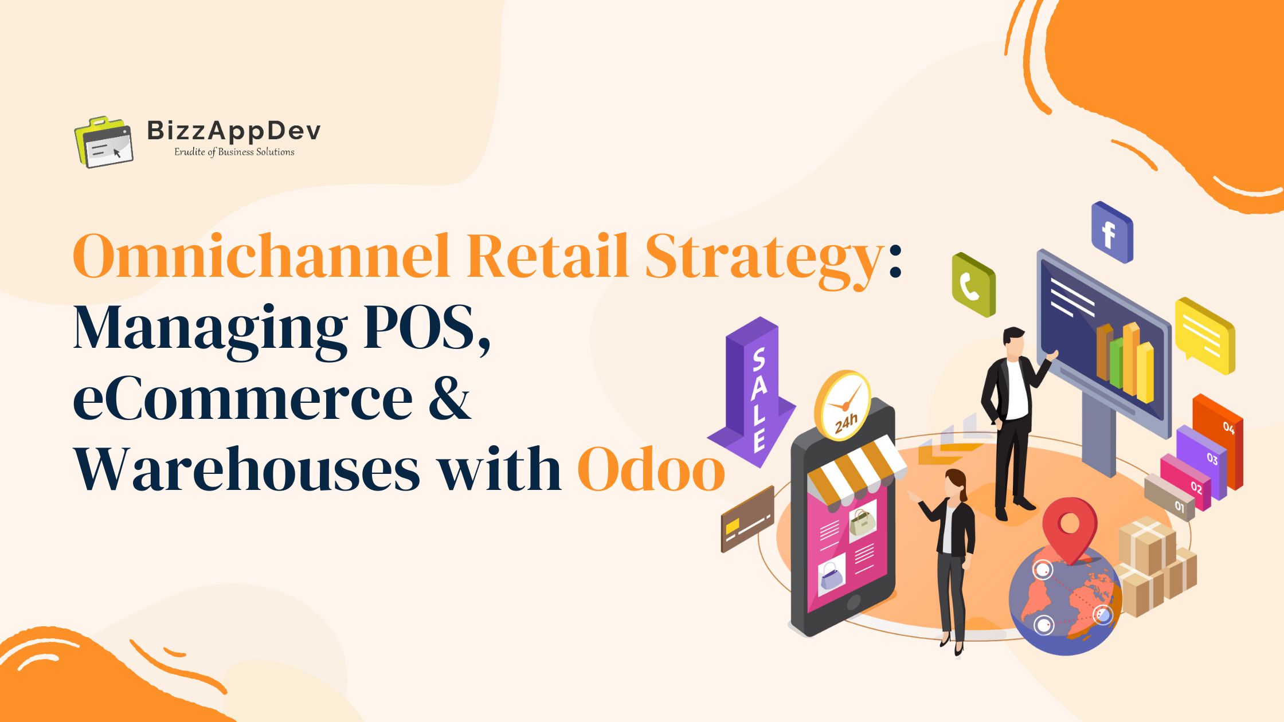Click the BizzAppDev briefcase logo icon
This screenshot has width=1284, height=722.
click(x=104, y=142)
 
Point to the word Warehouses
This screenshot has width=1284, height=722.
click(x=246, y=469)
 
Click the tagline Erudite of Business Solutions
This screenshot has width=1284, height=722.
click(x=234, y=152)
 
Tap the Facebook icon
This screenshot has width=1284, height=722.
click(x=1111, y=232)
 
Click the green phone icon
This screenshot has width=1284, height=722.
click(x=973, y=284)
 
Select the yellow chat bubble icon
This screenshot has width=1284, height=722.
click(x=1204, y=335)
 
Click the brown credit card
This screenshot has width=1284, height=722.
click(x=747, y=519)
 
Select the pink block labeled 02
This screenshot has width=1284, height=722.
click(x=1185, y=482)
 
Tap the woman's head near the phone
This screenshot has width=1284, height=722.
click(x=956, y=485)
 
